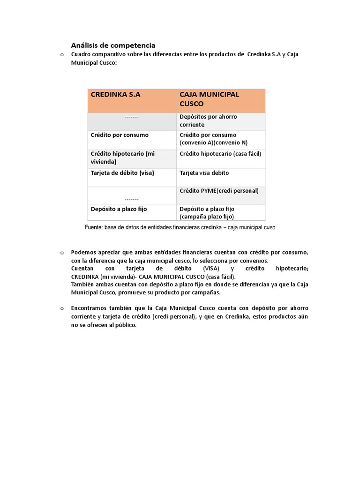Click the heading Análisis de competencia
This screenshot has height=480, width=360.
(x=113, y=45)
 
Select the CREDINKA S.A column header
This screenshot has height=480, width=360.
(x=115, y=94)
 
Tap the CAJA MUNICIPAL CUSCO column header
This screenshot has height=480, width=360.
(x=209, y=99)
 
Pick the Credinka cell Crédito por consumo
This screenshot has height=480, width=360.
(x=120, y=135)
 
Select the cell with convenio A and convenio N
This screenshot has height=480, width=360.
(x=213, y=139)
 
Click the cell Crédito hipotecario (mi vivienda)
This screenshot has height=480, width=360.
(x=122, y=157)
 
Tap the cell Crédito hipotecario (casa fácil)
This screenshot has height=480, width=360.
(x=220, y=154)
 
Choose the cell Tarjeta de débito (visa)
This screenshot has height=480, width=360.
(x=122, y=173)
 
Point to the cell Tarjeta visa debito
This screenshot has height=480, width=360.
(x=204, y=173)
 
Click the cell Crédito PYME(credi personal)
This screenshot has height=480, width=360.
(x=219, y=191)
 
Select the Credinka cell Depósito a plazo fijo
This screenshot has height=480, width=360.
(x=119, y=209)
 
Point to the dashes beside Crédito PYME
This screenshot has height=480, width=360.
(x=132, y=199)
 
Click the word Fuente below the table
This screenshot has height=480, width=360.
(x=94, y=227)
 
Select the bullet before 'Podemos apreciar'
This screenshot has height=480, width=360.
(x=61, y=253)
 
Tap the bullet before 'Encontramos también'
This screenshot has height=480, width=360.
(x=61, y=308)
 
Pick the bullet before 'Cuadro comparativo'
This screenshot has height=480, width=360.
(x=61, y=55)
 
